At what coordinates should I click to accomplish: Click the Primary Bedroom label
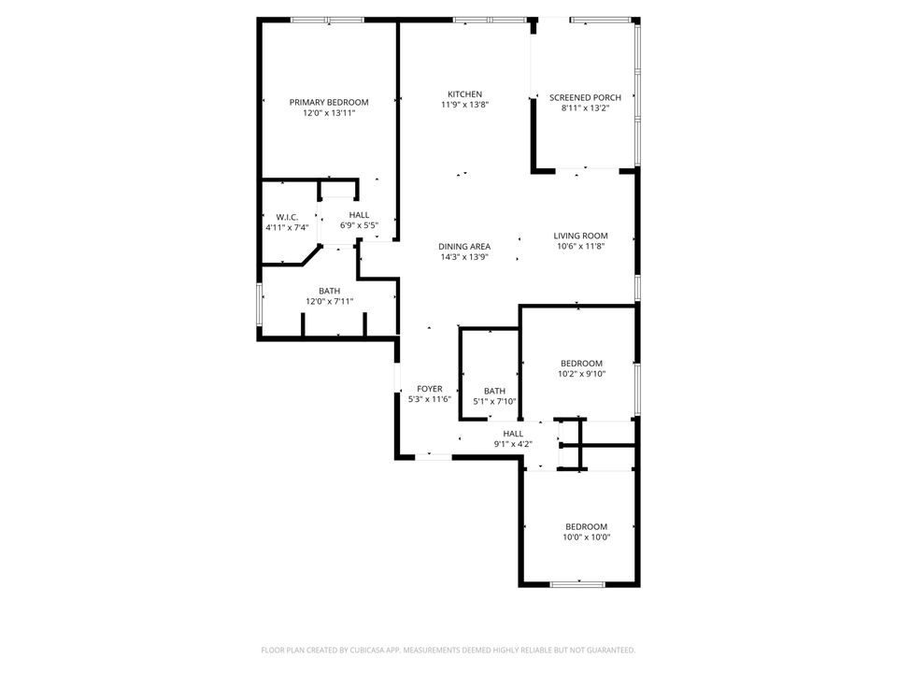click(328, 102)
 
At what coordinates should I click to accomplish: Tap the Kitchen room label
click(464, 94)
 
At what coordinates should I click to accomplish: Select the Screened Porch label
click(585, 97)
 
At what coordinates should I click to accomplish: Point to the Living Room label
click(580, 236)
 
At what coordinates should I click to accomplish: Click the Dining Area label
click(464, 247)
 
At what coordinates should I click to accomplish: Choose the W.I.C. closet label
click(287, 217)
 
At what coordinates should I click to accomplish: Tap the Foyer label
click(430, 389)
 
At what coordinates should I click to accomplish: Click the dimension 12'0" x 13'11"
click(328, 113)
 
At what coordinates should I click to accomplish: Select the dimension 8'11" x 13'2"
click(585, 108)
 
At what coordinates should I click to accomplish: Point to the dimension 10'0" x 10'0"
click(586, 537)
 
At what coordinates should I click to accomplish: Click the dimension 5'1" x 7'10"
click(494, 402)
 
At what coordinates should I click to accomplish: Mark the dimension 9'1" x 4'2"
click(513, 444)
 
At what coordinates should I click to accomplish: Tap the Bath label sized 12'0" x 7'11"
click(329, 291)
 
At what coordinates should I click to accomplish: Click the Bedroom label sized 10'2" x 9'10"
click(581, 364)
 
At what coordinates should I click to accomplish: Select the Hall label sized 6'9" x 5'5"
click(359, 215)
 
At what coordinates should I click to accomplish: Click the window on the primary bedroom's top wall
click(327, 20)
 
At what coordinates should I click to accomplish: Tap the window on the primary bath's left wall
click(260, 305)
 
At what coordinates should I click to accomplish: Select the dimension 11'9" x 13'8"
click(464, 106)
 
